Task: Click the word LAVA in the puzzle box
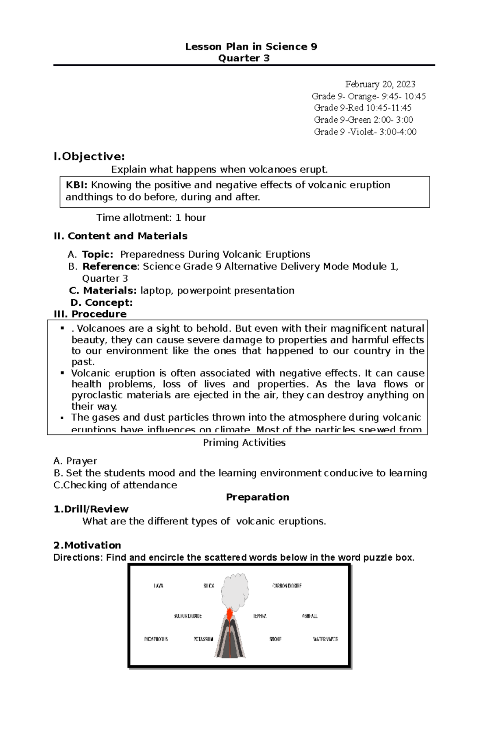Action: coord(159,586)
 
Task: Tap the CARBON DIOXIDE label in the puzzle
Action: coord(287,586)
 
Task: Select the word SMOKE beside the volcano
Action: coord(275,639)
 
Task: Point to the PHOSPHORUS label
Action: coord(156,639)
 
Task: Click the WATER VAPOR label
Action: coord(325,639)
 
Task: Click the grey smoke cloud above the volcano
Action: coord(235,589)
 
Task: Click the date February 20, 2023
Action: coord(380,84)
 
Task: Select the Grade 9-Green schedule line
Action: coord(364,120)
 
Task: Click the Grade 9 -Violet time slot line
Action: coord(365,132)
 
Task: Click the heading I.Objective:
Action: coord(89,157)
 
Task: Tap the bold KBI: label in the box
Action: coord(76,185)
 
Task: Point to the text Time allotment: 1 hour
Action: coord(151,218)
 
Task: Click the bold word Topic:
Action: coord(98,254)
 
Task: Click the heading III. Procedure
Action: coord(90,314)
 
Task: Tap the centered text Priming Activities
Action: coord(244,443)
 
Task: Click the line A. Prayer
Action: coord(75,461)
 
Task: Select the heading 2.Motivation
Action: coord(87,545)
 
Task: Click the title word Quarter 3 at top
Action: coord(244,58)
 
